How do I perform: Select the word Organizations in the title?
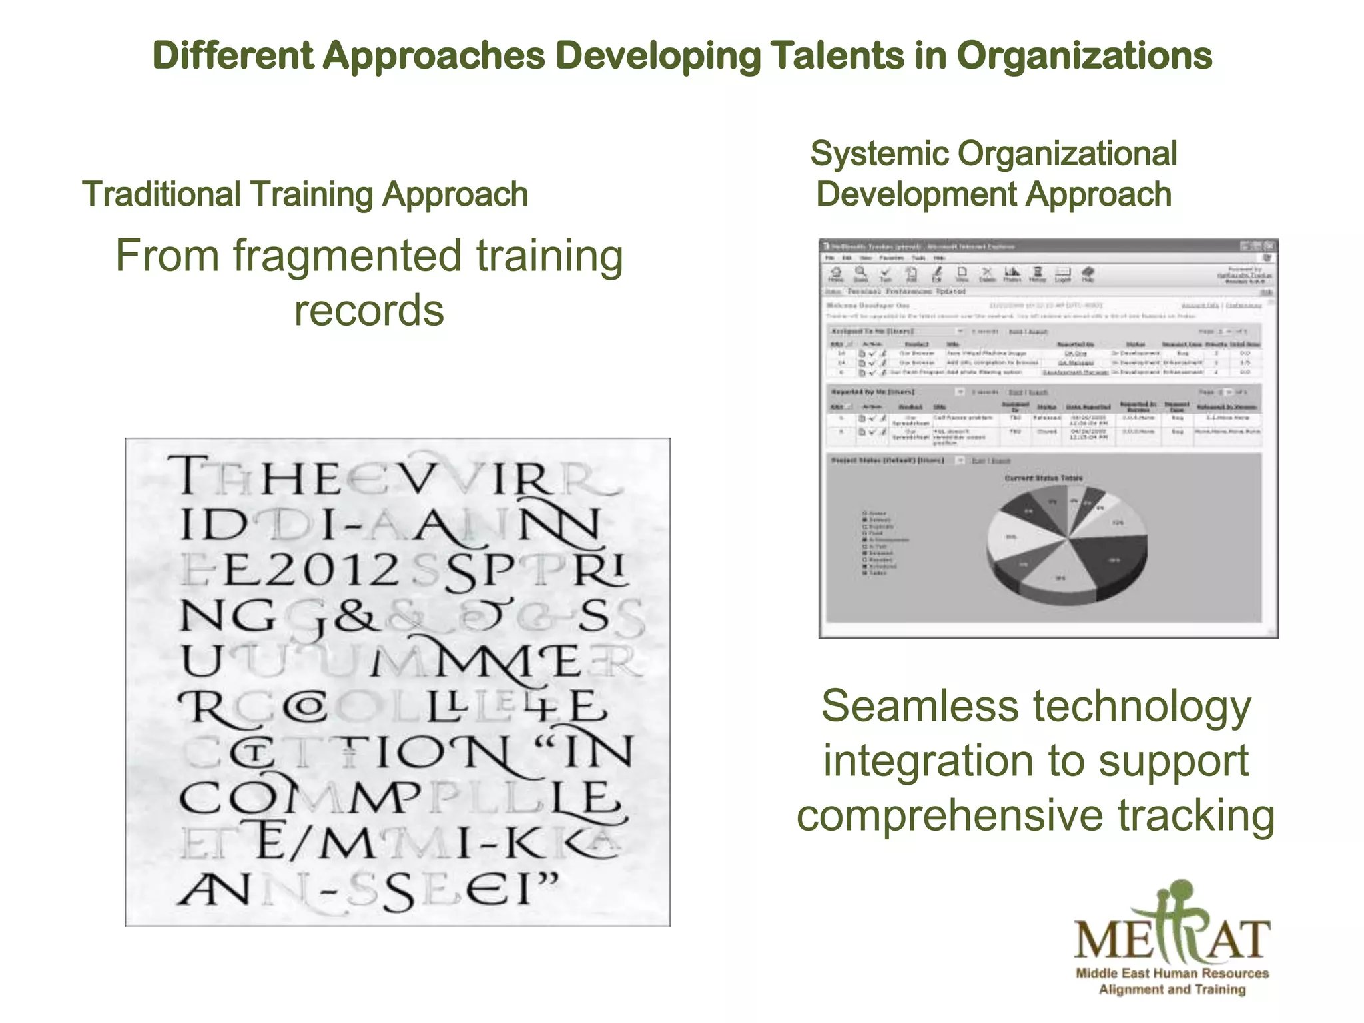[x=1084, y=57]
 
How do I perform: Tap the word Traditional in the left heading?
[x=161, y=194]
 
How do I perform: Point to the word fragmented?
[x=347, y=256]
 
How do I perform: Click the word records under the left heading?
[x=369, y=311]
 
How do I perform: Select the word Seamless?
[x=920, y=706]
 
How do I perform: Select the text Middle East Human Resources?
[x=1172, y=973]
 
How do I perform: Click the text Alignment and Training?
[x=1172, y=990]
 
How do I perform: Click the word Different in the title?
[x=232, y=55]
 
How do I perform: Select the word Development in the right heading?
[x=916, y=195]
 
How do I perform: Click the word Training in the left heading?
[x=312, y=195]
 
